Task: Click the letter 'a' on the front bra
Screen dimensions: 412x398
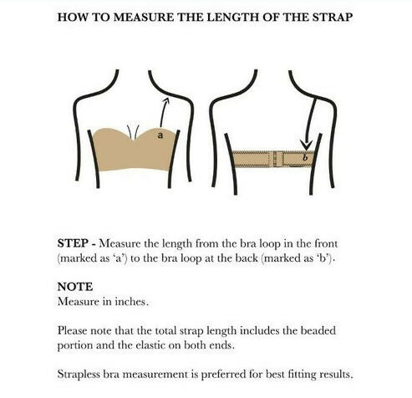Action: coord(160,135)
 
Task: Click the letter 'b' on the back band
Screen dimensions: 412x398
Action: coord(305,157)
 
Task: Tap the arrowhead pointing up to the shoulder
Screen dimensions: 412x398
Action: coord(166,100)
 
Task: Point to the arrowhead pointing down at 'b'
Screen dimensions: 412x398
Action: coord(306,145)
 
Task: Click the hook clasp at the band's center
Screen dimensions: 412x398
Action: coord(276,159)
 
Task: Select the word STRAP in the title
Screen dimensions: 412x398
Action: coord(333,18)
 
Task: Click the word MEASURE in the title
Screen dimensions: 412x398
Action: coord(144,18)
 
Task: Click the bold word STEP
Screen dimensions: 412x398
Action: coord(73,243)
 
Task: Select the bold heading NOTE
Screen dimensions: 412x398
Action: coord(75,287)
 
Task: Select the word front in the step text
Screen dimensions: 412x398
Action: coord(326,243)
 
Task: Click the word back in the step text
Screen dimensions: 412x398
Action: coord(247,258)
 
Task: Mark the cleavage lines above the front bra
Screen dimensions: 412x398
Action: coord(133,132)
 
